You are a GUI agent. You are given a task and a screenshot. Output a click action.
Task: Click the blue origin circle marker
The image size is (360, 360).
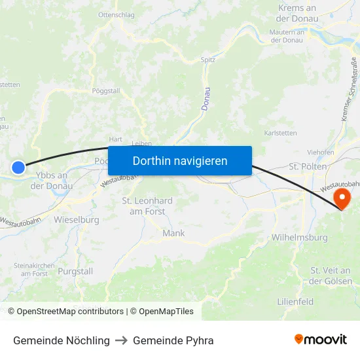tap(18, 168)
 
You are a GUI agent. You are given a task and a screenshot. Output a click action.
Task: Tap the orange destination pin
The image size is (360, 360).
tap(342, 198)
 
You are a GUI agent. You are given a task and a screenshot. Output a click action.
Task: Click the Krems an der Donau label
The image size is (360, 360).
tap(297, 13)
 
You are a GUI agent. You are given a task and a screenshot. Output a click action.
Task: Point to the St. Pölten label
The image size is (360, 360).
tap(304, 167)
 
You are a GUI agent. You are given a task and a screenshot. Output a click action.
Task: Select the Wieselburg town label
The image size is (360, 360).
tap(77, 220)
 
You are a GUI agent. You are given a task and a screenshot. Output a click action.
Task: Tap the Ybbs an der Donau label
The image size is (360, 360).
tap(52, 180)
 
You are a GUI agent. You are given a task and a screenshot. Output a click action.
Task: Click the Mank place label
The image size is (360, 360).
tap(173, 233)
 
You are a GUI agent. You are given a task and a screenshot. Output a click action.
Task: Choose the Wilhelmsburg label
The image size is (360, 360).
tap(299, 238)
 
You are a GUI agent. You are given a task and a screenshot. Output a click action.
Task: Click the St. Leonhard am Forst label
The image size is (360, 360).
tap(147, 206)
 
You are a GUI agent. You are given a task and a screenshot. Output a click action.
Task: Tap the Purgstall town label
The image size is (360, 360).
tap(75, 271)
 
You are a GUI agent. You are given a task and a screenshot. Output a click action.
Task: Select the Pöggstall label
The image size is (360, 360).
tap(106, 91)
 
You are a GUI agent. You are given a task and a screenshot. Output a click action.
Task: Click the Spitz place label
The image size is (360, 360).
tap(208, 60)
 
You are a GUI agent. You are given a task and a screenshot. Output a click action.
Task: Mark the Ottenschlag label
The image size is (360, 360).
tap(116, 14)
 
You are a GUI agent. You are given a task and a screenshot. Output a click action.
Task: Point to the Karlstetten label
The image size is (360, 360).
tap(280, 133)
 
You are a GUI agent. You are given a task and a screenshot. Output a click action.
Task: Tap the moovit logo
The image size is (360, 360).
tap(320, 340)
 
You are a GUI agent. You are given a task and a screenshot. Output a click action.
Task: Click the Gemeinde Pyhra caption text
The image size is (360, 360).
tap(173, 340)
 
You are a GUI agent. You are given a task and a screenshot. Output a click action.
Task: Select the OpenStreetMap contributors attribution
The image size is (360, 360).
tap(70, 312)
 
